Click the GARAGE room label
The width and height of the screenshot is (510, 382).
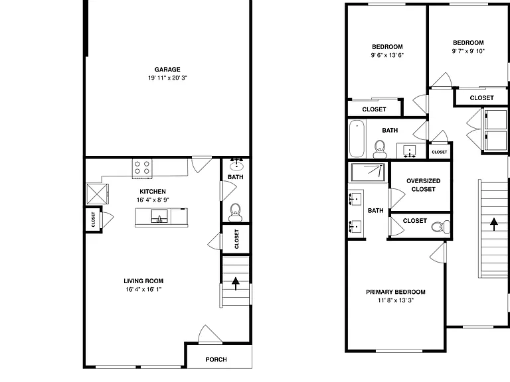167,70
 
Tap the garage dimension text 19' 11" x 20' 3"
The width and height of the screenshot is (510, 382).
167,78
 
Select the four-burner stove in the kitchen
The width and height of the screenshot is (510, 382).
142,168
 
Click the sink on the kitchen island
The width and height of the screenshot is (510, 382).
159,216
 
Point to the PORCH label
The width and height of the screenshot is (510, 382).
216,359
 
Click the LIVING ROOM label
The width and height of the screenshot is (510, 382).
143,281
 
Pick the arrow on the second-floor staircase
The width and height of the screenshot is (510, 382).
494,224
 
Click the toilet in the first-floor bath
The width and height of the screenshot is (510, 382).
235,213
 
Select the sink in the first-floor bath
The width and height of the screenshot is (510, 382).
236,165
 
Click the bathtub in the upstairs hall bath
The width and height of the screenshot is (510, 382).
357,139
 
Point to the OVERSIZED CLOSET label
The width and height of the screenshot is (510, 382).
424,185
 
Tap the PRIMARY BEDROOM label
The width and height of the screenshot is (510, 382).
396,292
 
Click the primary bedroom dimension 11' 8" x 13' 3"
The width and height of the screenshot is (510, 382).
396,300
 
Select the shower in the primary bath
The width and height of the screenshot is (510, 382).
369,172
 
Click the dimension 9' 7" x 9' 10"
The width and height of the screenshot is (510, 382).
468,51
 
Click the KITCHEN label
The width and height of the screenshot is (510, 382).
153,192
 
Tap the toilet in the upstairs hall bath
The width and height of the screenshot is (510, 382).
379,149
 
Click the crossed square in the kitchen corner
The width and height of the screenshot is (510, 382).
97,194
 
